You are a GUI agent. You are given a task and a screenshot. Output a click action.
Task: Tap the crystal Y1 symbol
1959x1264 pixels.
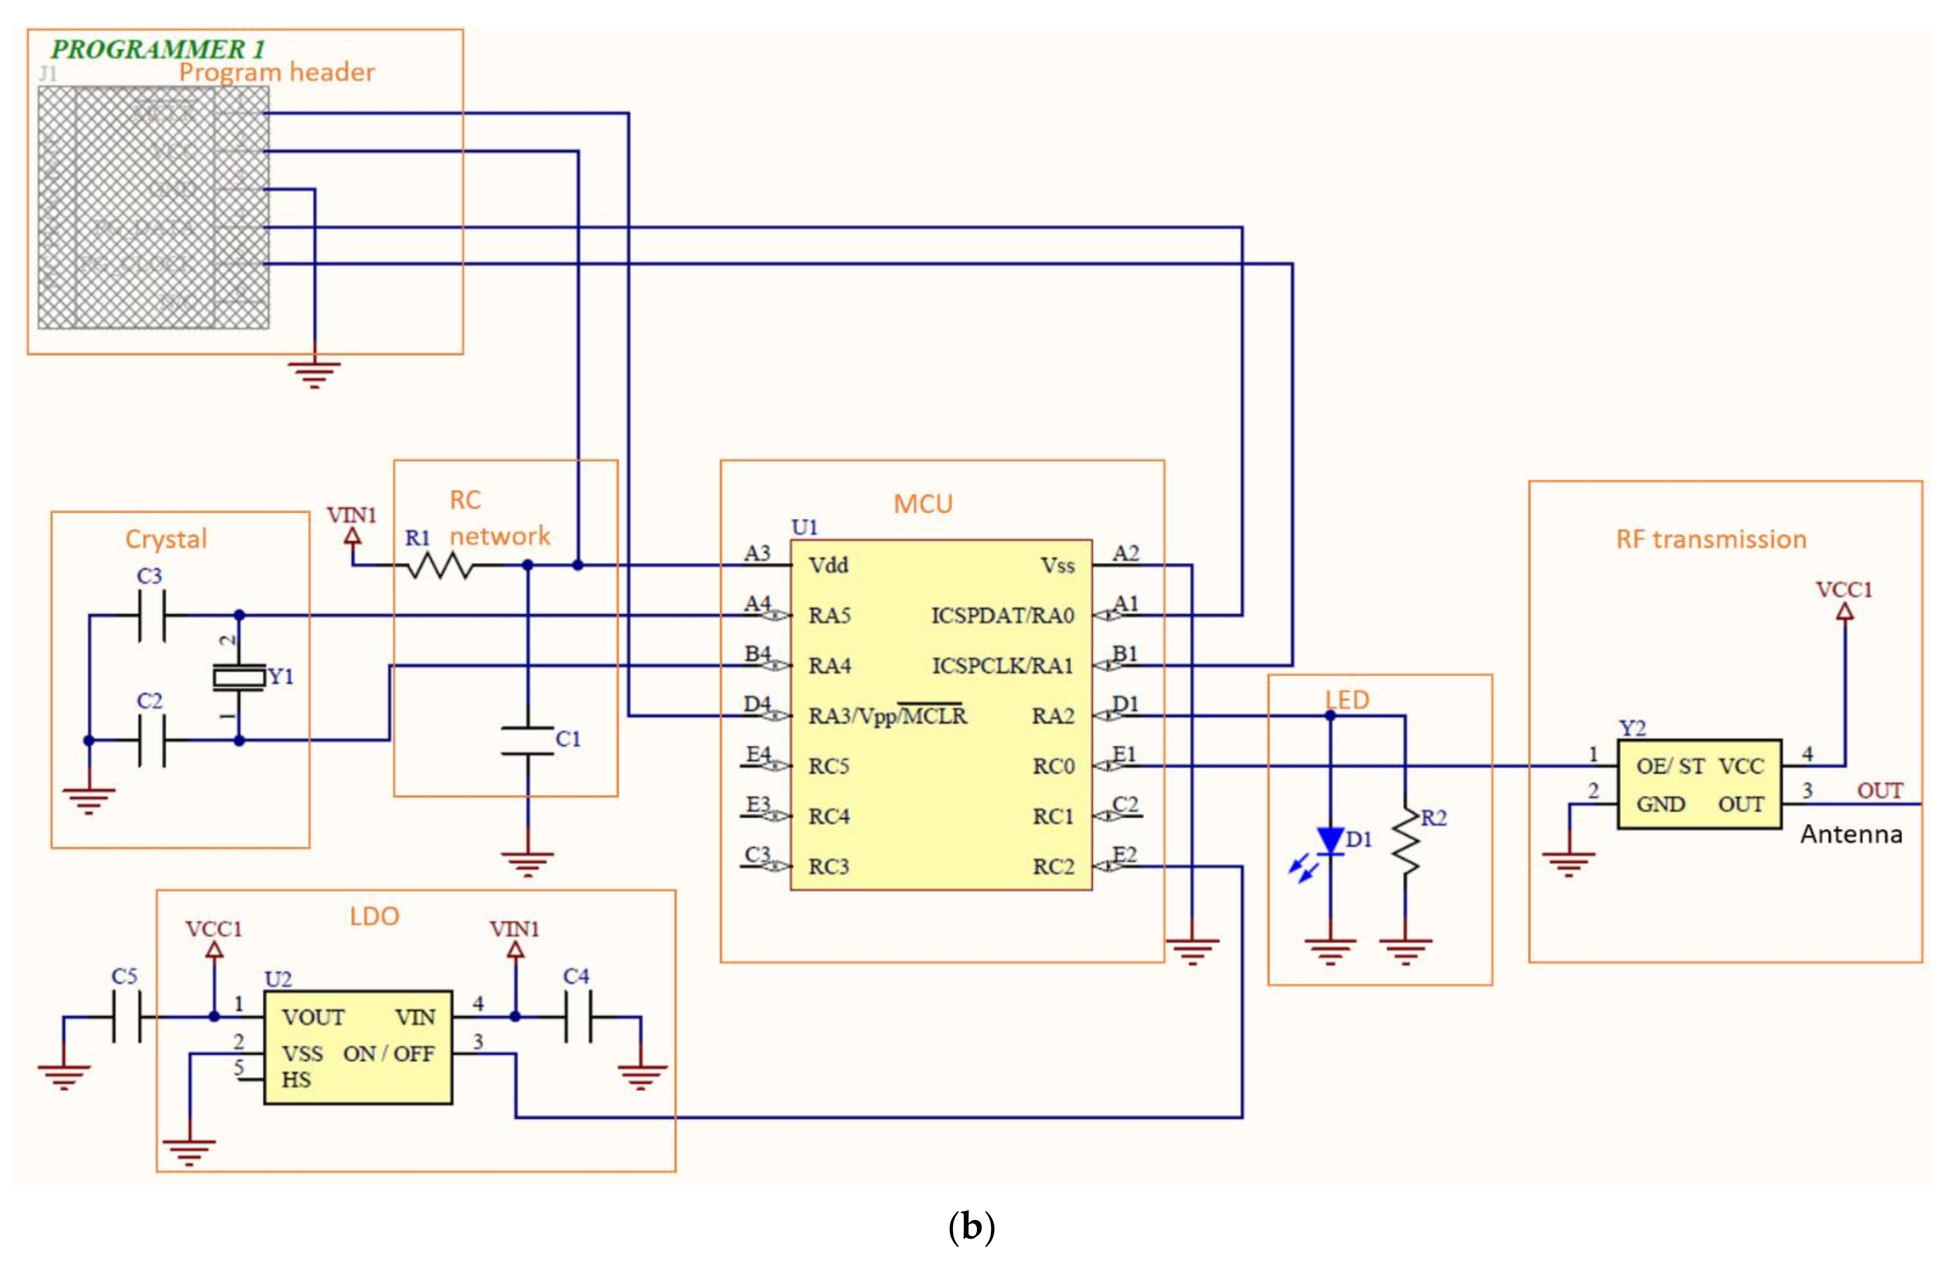[239, 677]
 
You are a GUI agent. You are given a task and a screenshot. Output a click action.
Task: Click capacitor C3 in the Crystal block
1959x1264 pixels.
[152, 615]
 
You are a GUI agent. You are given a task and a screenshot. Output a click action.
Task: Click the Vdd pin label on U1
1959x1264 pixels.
[828, 566]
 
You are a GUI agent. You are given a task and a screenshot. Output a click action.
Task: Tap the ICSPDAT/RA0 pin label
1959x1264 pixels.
[1001, 616]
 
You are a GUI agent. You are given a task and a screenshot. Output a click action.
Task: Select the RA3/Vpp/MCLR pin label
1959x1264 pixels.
[887, 716]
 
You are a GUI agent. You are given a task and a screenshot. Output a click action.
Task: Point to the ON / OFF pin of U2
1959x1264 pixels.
[388, 1054]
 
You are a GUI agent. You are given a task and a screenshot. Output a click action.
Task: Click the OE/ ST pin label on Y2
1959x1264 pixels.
[1669, 767]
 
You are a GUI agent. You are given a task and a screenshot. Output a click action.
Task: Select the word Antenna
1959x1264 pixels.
[1851, 835]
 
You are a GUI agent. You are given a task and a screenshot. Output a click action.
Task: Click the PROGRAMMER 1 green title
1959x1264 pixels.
[158, 49]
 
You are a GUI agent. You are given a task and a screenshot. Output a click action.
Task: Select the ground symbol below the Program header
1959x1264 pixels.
[315, 373]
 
